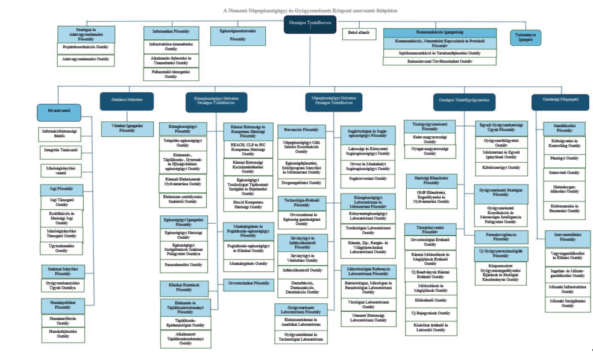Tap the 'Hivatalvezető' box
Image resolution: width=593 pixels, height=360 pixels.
point(58,110)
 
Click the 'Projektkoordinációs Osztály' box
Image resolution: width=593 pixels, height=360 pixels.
point(86,46)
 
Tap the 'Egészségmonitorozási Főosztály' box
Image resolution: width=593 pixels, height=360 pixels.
point(237,36)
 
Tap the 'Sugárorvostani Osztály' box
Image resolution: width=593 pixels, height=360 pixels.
point(368,178)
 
